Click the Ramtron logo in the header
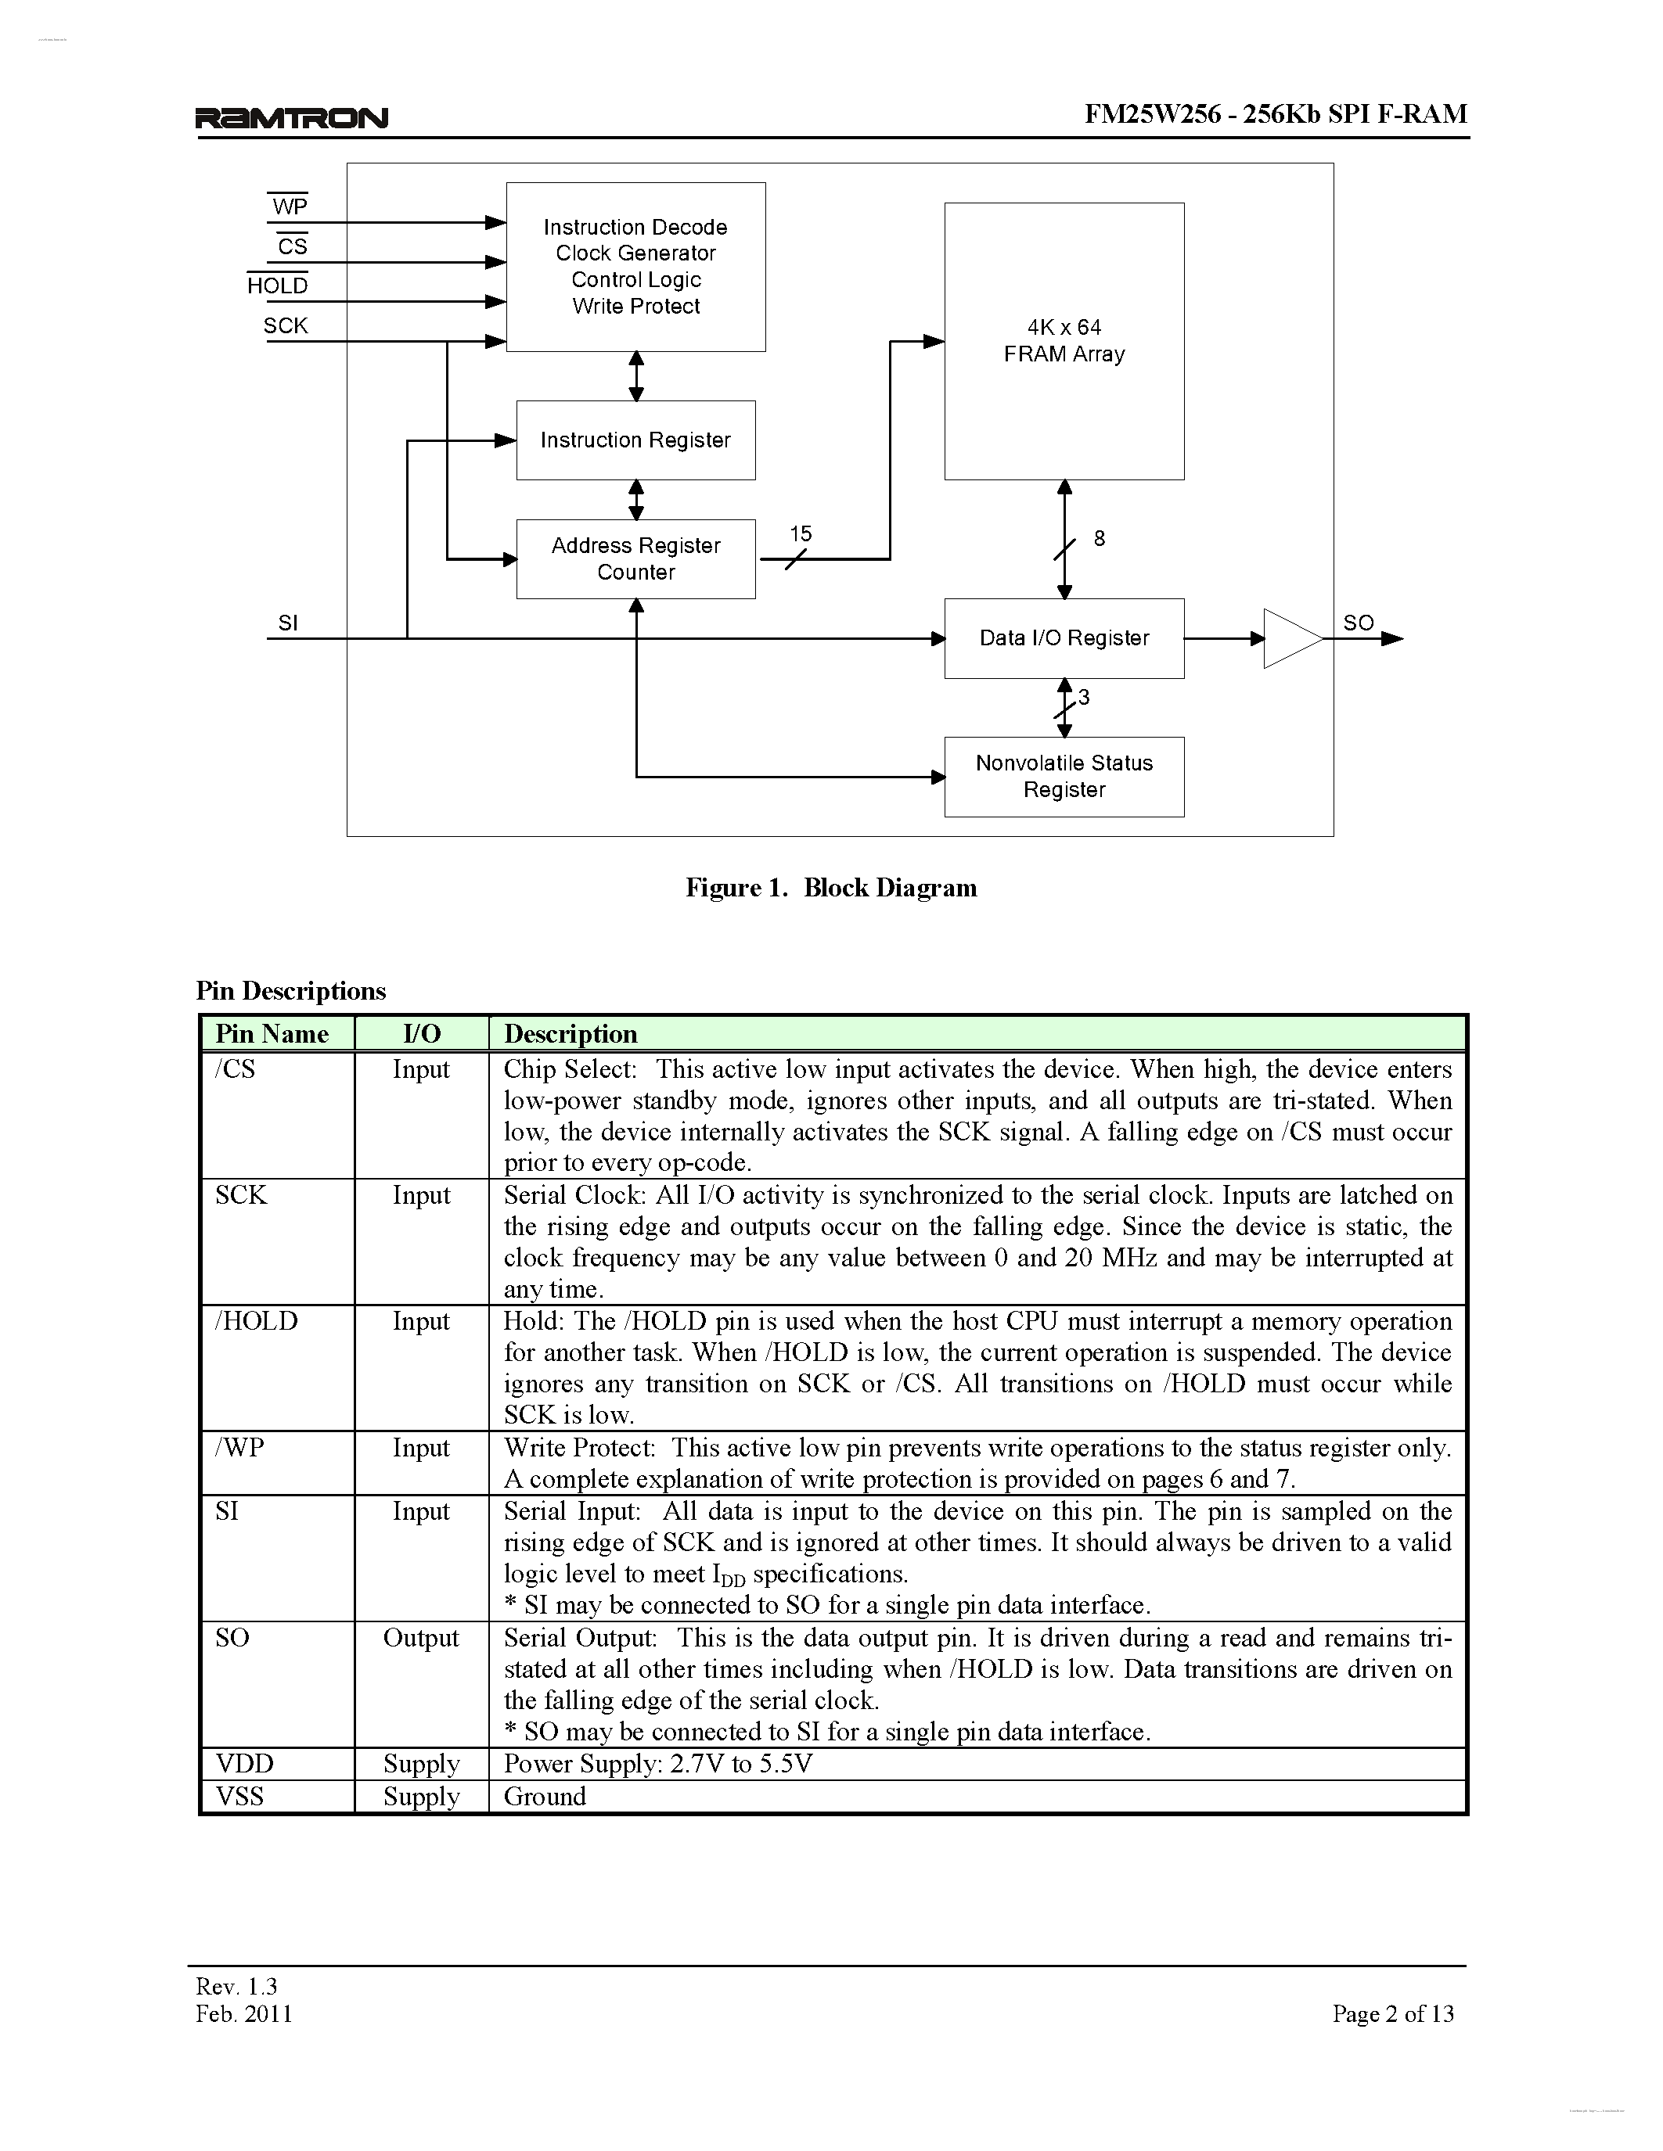coord(292,118)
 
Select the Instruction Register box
coord(635,440)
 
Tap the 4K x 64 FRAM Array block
coord(1064,341)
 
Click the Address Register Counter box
coord(635,558)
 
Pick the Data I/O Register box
coord(1064,638)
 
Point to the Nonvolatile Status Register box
coord(1064,776)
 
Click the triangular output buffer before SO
coord(1290,638)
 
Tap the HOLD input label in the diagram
coord(278,285)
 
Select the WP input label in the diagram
coord(290,206)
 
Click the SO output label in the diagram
coord(1358,623)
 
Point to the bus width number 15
coord(800,533)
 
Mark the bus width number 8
coord(1100,539)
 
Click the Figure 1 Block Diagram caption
coord(831,888)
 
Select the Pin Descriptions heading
coord(290,991)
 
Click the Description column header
coord(571,1033)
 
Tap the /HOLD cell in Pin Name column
coord(256,1321)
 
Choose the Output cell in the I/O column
coord(421,1637)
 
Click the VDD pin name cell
coord(244,1763)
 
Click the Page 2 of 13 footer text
coord(1393,2013)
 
